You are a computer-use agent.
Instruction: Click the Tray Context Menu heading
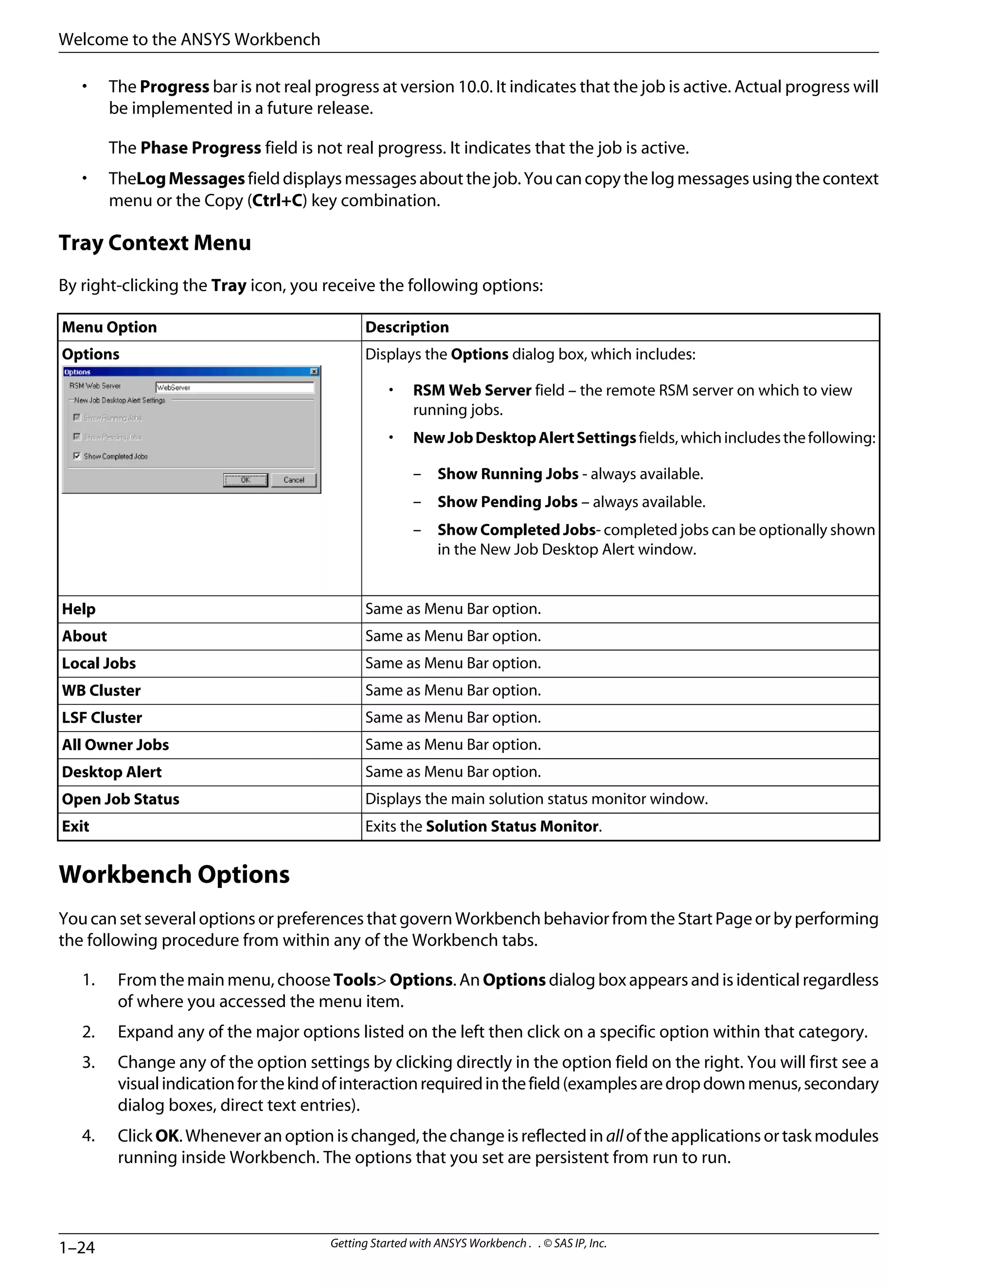coord(155,243)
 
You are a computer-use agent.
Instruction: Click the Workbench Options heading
coord(174,874)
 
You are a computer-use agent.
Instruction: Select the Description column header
coord(407,327)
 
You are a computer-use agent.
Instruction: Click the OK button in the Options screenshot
coord(246,480)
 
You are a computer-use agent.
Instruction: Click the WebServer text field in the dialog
coord(234,387)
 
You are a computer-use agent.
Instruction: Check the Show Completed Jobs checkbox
coord(77,456)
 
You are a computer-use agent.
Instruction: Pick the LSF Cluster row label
coord(102,718)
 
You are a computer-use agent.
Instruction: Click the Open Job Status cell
coord(121,799)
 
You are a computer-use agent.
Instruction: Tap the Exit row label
coord(75,826)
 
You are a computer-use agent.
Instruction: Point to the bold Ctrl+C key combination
coord(277,201)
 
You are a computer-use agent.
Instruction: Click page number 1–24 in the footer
coord(77,1247)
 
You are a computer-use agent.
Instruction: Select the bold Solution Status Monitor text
coord(512,826)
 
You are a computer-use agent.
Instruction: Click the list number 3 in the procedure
coord(89,1062)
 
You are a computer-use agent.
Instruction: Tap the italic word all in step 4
coord(614,1136)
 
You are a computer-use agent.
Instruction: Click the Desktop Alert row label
coord(111,772)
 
